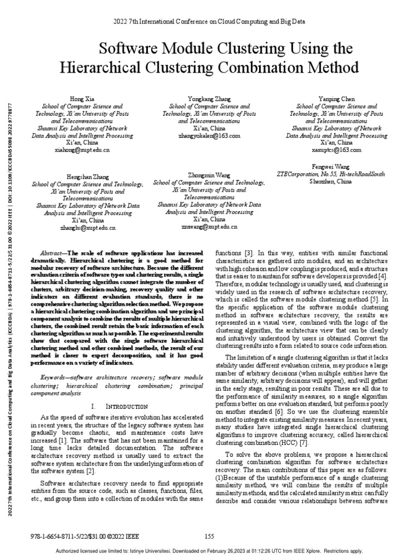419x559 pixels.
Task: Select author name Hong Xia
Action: (x=82, y=98)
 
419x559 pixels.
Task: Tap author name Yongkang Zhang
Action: (x=209, y=98)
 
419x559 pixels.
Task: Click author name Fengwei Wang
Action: (x=331, y=166)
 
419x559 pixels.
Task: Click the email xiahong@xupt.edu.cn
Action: (x=82, y=149)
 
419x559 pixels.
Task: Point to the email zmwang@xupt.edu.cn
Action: (x=209, y=226)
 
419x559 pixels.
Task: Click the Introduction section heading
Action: (x=121, y=407)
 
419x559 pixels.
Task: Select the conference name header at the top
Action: (x=209, y=21)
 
